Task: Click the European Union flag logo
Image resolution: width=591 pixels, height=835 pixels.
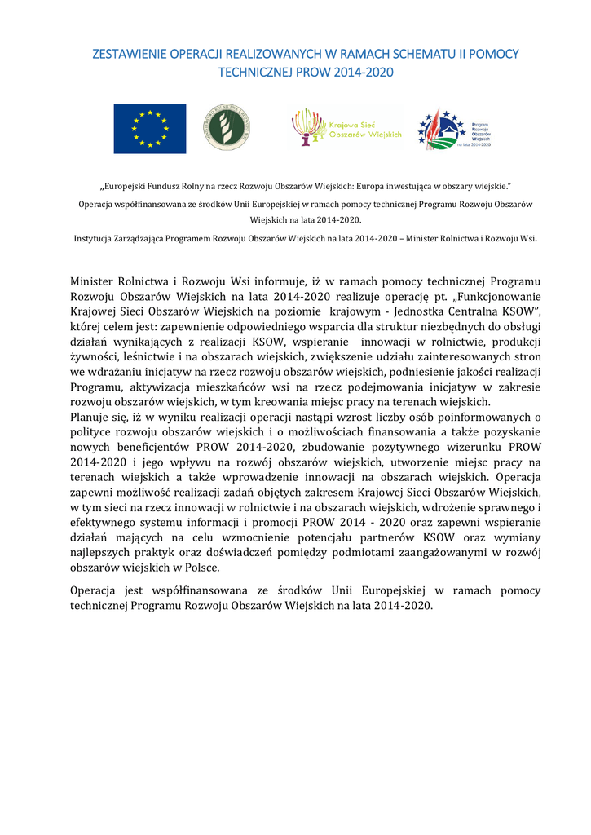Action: [x=149, y=129]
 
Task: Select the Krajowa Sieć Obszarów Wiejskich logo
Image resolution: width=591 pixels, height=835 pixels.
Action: [x=346, y=129]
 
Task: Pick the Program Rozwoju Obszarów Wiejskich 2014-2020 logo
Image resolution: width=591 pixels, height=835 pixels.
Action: [x=454, y=130]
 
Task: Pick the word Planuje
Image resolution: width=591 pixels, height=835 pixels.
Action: [x=91, y=417]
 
